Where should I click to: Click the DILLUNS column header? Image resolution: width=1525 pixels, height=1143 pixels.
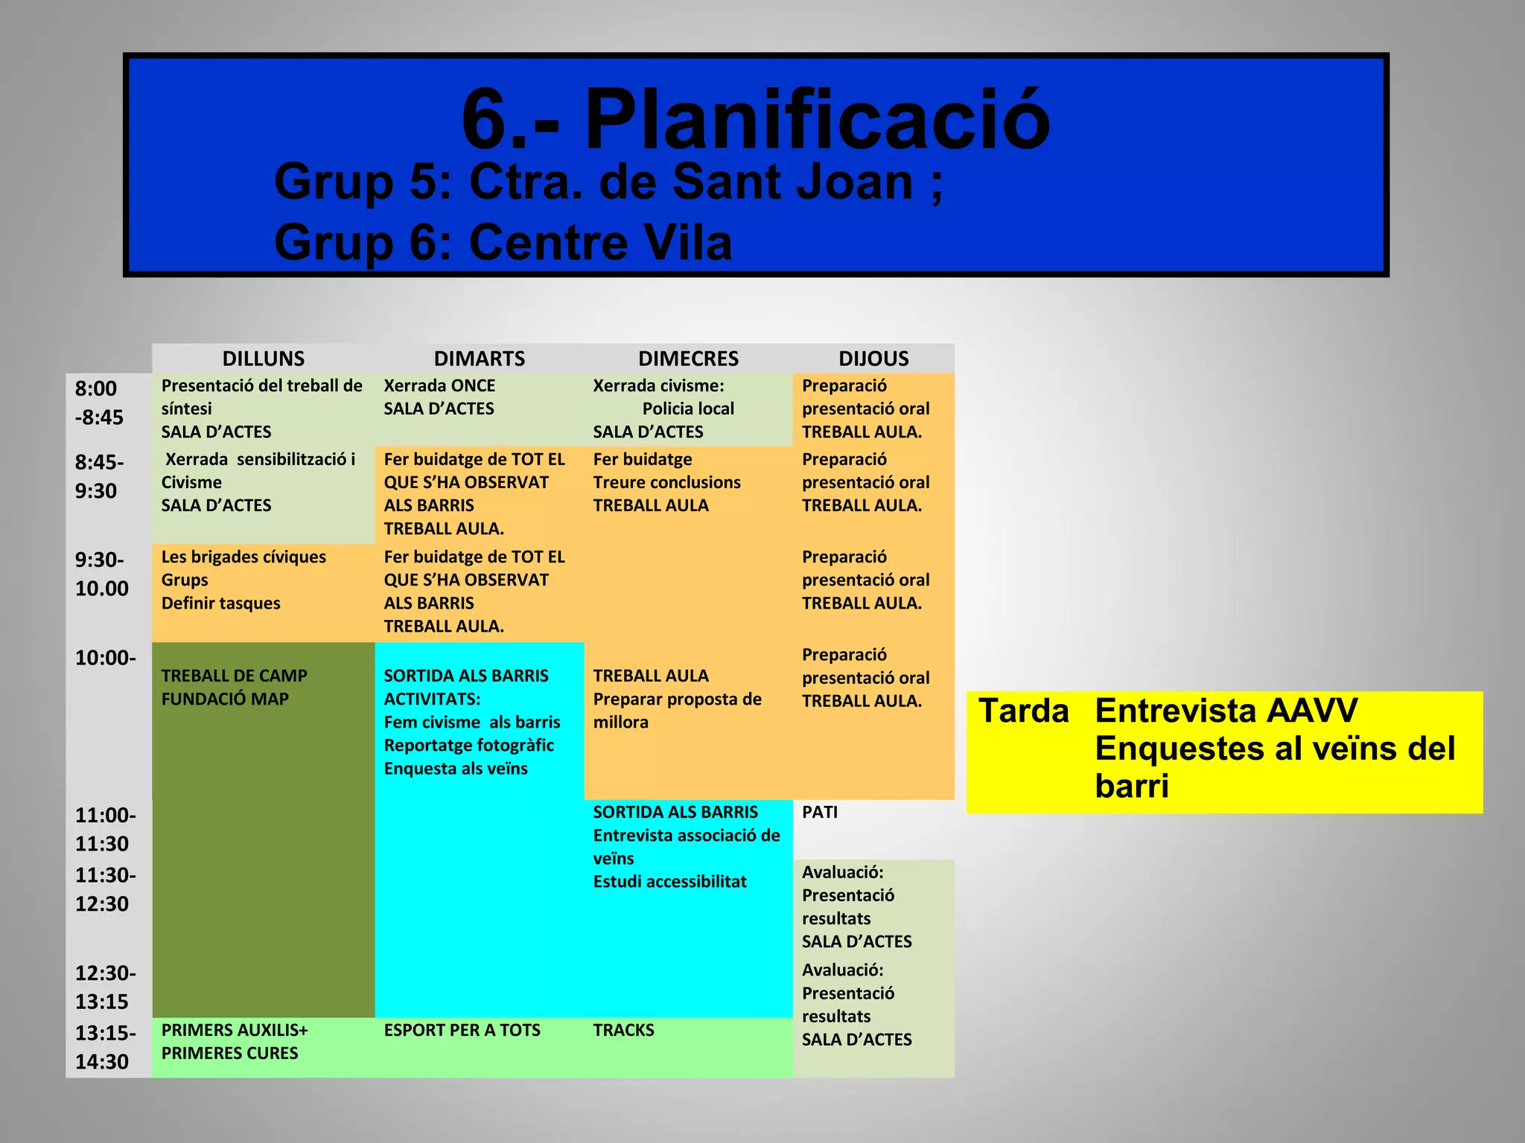pyautogui.click(x=263, y=359)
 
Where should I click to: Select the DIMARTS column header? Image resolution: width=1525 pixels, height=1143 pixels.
pyautogui.click(x=479, y=359)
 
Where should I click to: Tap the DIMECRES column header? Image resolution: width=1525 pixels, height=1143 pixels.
pyautogui.click(x=688, y=359)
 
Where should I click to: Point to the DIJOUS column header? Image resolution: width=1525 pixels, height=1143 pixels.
pyautogui.click(x=873, y=359)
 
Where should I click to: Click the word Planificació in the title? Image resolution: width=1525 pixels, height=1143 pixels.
pyautogui.click(x=816, y=119)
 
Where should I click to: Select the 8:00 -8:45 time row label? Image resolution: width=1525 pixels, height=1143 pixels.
pyautogui.click(x=98, y=403)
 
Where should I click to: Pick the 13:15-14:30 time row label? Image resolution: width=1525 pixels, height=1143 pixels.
pyautogui.click(x=104, y=1047)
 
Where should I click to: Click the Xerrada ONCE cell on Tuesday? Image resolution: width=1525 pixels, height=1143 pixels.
pyautogui.click(x=439, y=386)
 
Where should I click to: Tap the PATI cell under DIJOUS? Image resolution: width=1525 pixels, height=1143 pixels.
pyautogui.click(x=820, y=813)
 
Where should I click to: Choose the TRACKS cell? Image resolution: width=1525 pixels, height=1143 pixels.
pyautogui.click(x=623, y=1031)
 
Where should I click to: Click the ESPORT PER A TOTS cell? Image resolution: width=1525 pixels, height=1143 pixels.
pyautogui.click(x=462, y=1031)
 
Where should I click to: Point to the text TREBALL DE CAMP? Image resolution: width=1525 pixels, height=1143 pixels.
pyautogui.click(x=234, y=676)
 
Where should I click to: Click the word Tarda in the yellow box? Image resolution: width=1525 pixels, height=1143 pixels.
pyautogui.click(x=1023, y=711)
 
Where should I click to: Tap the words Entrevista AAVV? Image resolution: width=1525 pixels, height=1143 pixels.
pyautogui.click(x=1226, y=711)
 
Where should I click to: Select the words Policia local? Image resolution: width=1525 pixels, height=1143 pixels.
pyautogui.click(x=688, y=409)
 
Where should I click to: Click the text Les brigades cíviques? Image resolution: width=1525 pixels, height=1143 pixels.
pyautogui.click(x=243, y=557)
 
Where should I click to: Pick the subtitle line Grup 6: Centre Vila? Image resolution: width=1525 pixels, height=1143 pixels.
pyautogui.click(x=503, y=243)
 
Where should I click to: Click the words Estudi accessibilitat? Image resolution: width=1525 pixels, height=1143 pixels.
pyautogui.click(x=669, y=882)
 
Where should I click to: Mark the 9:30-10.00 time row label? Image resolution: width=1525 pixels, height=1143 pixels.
pyautogui.click(x=101, y=574)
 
